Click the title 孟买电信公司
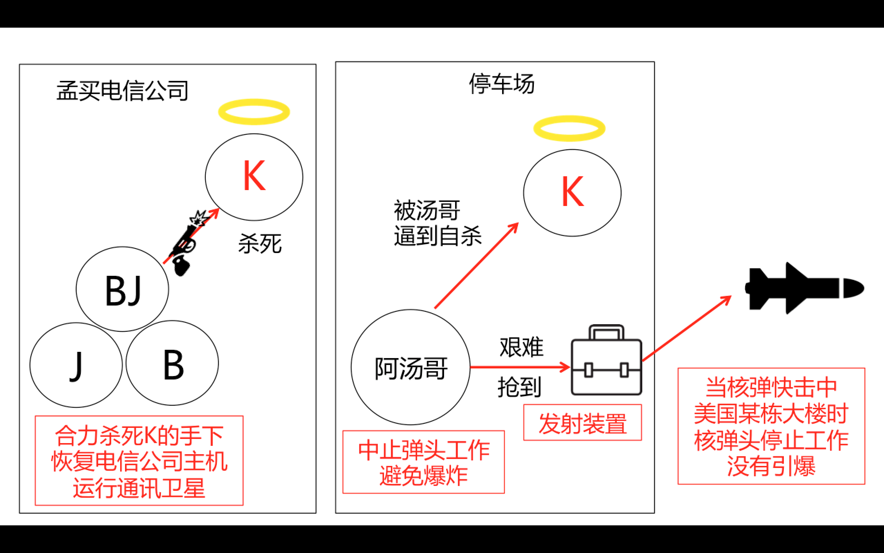pyautogui.click(x=122, y=90)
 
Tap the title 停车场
pyautogui.click(x=501, y=84)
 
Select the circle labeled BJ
pyautogui.click(x=122, y=289)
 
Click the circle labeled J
pyautogui.click(x=76, y=365)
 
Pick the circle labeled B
pyautogui.click(x=172, y=363)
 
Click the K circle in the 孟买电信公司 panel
pyautogui.click(x=254, y=177)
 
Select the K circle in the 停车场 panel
pyautogui.click(x=572, y=193)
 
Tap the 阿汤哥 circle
pyautogui.click(x=410, y=367)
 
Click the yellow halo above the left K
pyautogui.click(x=254, y=112)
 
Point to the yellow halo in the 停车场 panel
pyautogui.click(x=569, y=128)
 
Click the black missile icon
pyautogui.click(x=804, y=288)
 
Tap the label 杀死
pyautogui.click(x=260, y=244)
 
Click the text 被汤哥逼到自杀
pyautogui.click(x=437, y=223)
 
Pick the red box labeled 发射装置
pyautogui.click(x=582, y=423)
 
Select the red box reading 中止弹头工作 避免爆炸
pyautogui.click(x=423, y=462)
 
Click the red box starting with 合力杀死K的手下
pyautogui.click(x=139, y=461)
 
